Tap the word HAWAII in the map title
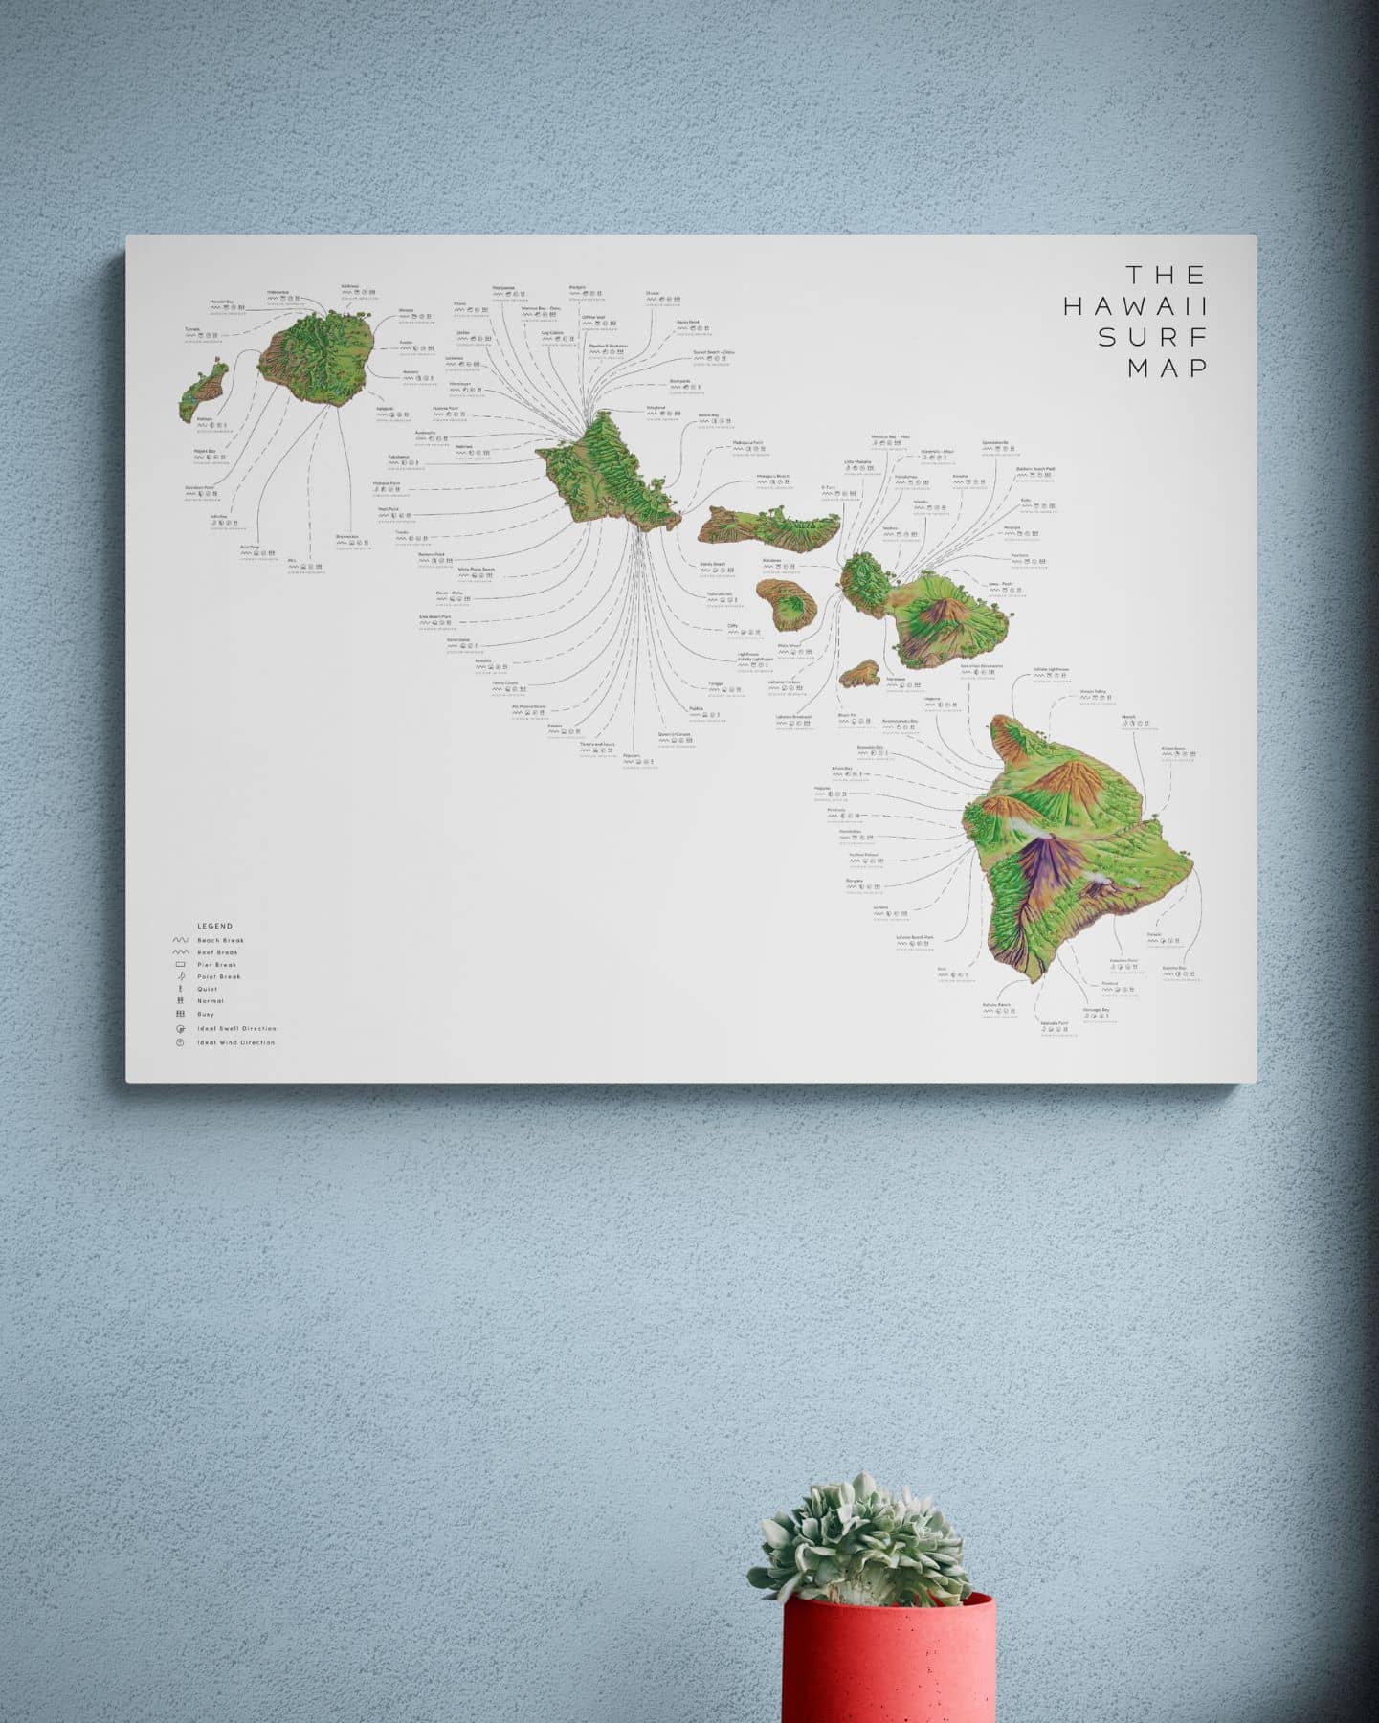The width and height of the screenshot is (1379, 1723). [x=1135, y=306]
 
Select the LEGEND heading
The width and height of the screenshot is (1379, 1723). [x=214, y=926]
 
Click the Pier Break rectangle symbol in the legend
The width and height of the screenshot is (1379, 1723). [x=179, y=965]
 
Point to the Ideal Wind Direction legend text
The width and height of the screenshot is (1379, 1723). [x=235, y=1042]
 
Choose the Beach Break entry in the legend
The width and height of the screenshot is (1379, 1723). [x=220, y=941]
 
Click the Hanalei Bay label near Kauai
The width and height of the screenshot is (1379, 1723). [x=222, y=302]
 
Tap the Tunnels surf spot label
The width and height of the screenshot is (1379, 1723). [x=193, y=330]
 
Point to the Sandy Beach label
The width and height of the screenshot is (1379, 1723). [x=713, y=565]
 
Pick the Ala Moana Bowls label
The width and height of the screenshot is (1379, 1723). [x=528, y=707]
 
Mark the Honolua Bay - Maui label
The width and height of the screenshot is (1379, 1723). [x=890, y=437]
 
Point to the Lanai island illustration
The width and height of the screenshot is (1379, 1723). [x=787, y=603]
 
